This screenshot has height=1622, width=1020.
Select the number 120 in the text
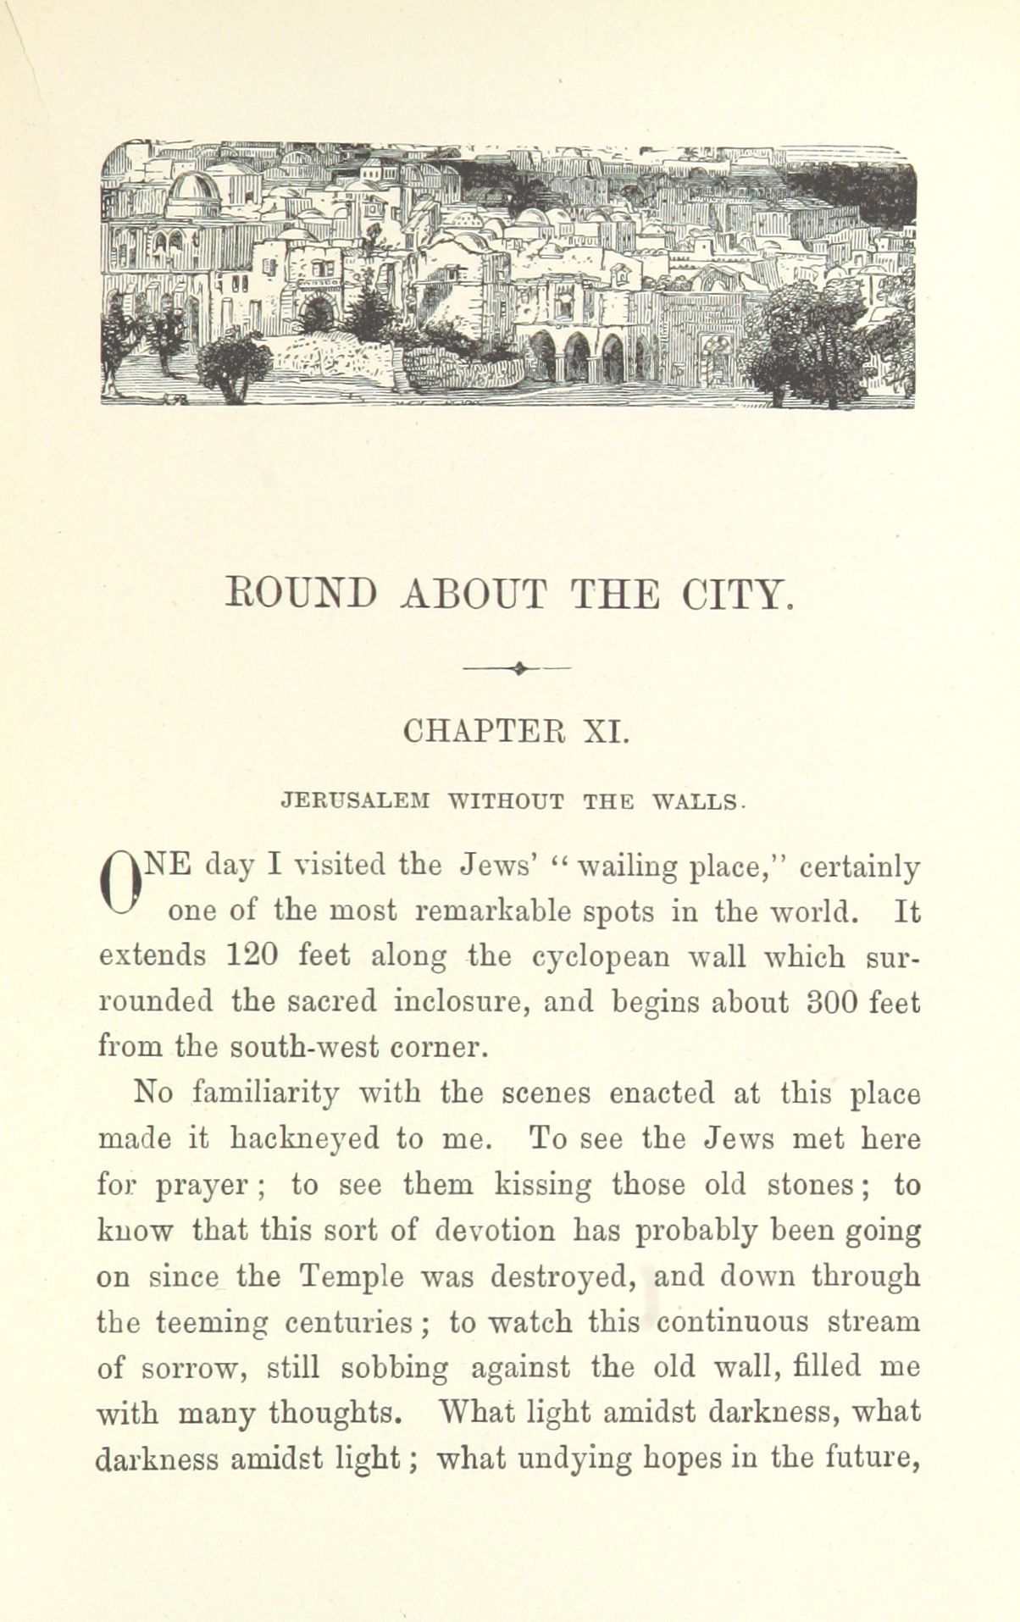tap(253, 955)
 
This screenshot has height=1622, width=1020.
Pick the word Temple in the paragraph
tap(347, 1276)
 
